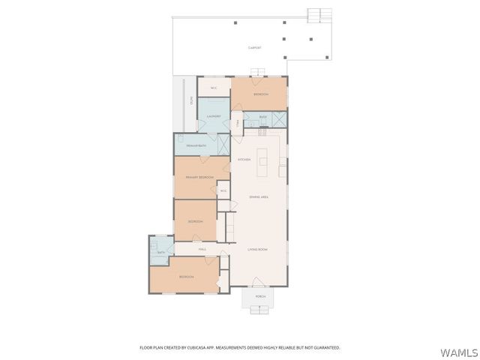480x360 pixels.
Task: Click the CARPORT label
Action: (x=255, y=47)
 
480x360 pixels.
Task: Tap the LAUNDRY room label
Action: (x=214, y=117)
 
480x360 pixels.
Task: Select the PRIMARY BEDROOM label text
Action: (x=199, y=177)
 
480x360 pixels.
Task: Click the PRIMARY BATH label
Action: (x=196, y=145)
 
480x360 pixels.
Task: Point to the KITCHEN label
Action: (x=244, y=160)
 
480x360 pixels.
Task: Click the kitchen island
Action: (x=263, y=161)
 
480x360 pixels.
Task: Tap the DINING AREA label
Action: (x=259, y=196)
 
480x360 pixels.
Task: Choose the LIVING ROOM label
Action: (x=258, y=248)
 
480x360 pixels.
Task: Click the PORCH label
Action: (x=260, y=296)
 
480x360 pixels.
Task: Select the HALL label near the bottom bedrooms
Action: (x=202, y=249)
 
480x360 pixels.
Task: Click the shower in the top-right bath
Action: (x=279, y=118)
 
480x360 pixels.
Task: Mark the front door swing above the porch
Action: (x=259, y=282)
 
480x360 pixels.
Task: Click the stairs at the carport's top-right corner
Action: (x=319, y=14)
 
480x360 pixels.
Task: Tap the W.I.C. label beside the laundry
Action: (x=214, y=88)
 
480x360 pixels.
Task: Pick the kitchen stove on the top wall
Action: (x=262, y=133)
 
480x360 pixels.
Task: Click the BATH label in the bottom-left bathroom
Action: (x=160, y=252)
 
